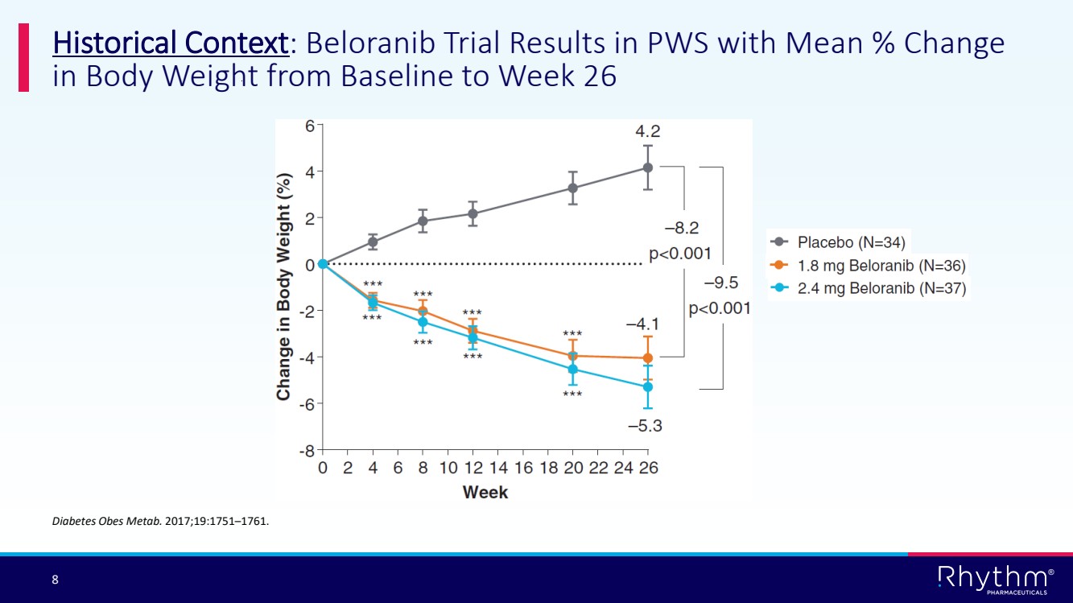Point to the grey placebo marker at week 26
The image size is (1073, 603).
tap(648, 167)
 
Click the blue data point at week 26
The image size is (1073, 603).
tap(648, 386)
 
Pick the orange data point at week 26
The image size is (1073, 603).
tap(648, 357)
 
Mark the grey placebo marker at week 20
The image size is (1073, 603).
tap(573, 188)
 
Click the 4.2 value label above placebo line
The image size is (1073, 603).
tap(648, 131)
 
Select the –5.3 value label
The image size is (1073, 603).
tap(645, 426)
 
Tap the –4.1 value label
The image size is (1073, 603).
tap(643, 324)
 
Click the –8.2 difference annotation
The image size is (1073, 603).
tap(681, 229)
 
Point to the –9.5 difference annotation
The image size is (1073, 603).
tap(720, 283)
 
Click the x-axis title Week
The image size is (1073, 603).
tap(485, 491)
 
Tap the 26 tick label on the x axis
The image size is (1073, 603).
tap(648, 468)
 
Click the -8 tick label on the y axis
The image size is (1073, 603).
tap(307, 449)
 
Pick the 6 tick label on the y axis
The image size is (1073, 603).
tap(310, 125)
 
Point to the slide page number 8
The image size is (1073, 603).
tap(55, 580)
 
